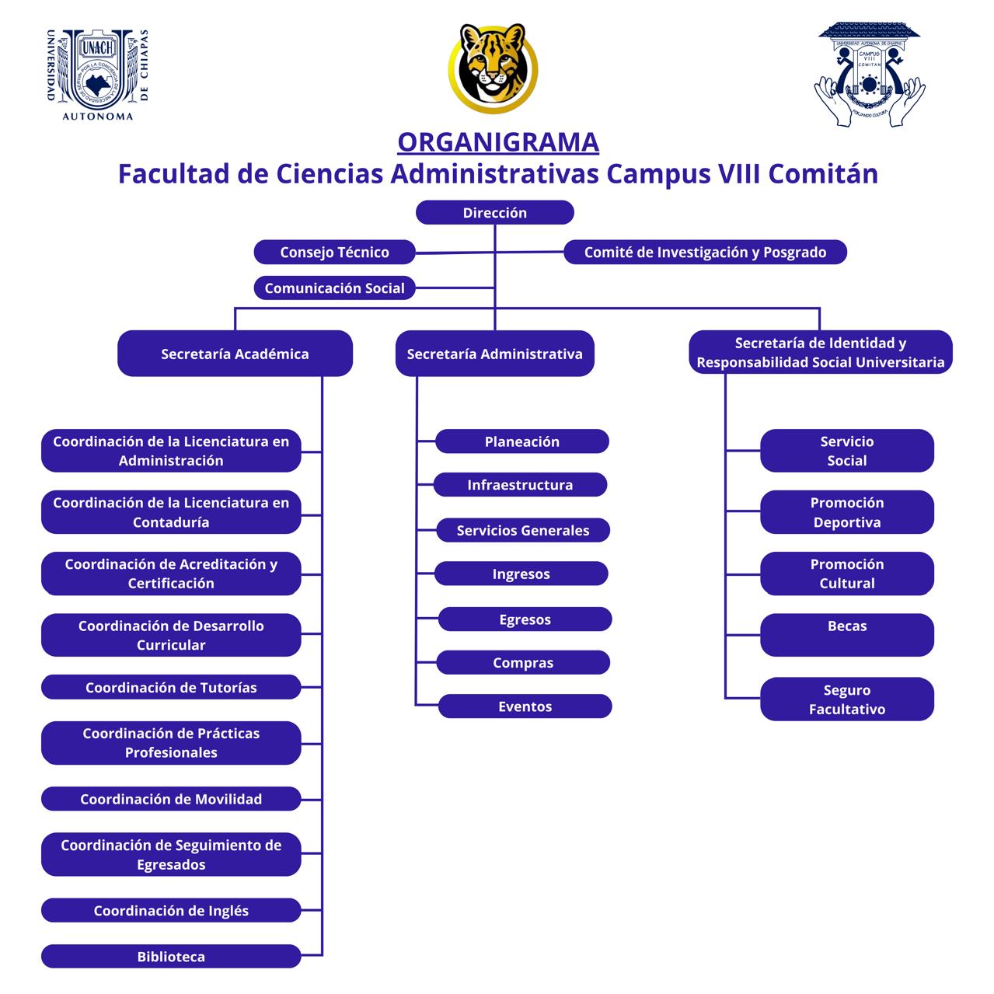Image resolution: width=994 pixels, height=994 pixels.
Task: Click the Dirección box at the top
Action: (494, 213)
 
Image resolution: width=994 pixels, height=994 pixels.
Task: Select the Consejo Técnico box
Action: (334, 252)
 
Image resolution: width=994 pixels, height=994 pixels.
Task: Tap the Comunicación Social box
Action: (334, 288)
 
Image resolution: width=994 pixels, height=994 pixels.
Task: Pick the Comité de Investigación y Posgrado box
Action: (705, 252)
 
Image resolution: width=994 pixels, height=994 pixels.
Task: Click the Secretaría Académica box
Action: (235, 354)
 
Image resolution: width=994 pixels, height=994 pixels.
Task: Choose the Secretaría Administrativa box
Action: (494, 354)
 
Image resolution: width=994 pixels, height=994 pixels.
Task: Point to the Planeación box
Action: (521, 441)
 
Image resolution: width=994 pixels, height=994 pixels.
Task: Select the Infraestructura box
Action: (519, 485)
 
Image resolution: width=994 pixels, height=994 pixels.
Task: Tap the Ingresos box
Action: (521, 574)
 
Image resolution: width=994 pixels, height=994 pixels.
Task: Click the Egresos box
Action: (525, 619)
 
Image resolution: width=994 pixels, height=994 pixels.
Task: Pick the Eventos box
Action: (525, 706)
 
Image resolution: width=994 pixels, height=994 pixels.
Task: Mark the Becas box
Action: (846, 634)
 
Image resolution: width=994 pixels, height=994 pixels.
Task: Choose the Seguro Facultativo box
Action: (846, 699)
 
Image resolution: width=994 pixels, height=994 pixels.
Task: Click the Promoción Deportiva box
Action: (846, 512)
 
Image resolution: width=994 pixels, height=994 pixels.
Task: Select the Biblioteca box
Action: (171, 957)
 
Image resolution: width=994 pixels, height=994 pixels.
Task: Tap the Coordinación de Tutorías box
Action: (171, 687)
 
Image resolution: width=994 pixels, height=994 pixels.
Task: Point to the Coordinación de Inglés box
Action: (171, 911)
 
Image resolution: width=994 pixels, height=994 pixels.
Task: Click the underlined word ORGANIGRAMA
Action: (498, 142)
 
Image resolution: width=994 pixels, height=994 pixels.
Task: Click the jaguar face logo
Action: (493, 67)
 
